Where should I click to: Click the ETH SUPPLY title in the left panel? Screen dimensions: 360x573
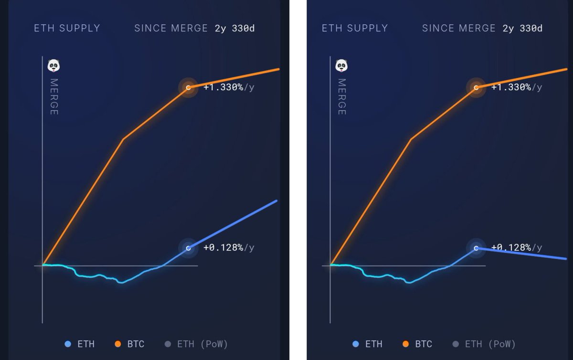tap(67, 28)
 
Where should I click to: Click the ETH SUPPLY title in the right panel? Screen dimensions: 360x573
tap(355, 28)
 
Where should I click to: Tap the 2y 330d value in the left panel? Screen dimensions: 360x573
tap(234, 28)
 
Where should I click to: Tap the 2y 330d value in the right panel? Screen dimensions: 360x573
tap(522, 28)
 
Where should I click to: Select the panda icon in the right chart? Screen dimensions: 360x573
tap(341, 66)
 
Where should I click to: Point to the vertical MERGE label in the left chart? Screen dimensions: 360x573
tap(54, 96)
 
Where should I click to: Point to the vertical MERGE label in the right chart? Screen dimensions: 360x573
tap(341, 96)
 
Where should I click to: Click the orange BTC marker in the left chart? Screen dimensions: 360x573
tap(188, 87)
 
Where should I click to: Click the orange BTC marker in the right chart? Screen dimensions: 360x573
tap(476, 87)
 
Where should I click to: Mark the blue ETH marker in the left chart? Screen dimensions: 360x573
tap(188, 248)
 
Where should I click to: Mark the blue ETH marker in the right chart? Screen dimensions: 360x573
tap(476, 248)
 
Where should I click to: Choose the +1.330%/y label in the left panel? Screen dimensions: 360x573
tap(229, 87)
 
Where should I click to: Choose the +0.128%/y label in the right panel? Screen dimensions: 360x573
tap(517, 248)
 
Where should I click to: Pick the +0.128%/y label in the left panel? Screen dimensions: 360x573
tap(229, 248)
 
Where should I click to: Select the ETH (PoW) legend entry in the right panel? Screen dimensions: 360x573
tap(485, 344)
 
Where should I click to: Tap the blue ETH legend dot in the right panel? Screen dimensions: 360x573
tap(355, 344)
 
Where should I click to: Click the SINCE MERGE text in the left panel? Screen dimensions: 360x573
tap(171, 28)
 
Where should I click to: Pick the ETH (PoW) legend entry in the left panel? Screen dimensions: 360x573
tap(197, 344)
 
